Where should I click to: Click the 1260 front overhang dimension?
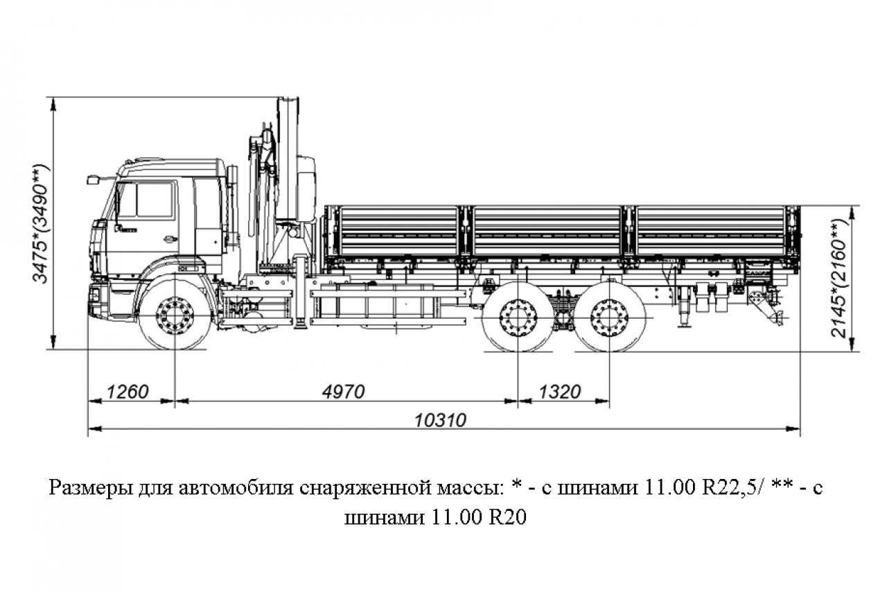coord(128,392)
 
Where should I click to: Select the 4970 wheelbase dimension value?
coord(343,392)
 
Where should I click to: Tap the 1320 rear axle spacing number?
coord(560,392)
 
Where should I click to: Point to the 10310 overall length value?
coord(440,420)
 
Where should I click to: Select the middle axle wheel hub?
coord(518,317)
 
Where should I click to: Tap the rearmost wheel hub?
coord(609,317)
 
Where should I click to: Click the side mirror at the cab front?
coord(92,180)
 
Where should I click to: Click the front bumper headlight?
coord(96,295)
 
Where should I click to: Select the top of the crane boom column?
coord(288,101)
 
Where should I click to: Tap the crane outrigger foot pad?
coord(300,326)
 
